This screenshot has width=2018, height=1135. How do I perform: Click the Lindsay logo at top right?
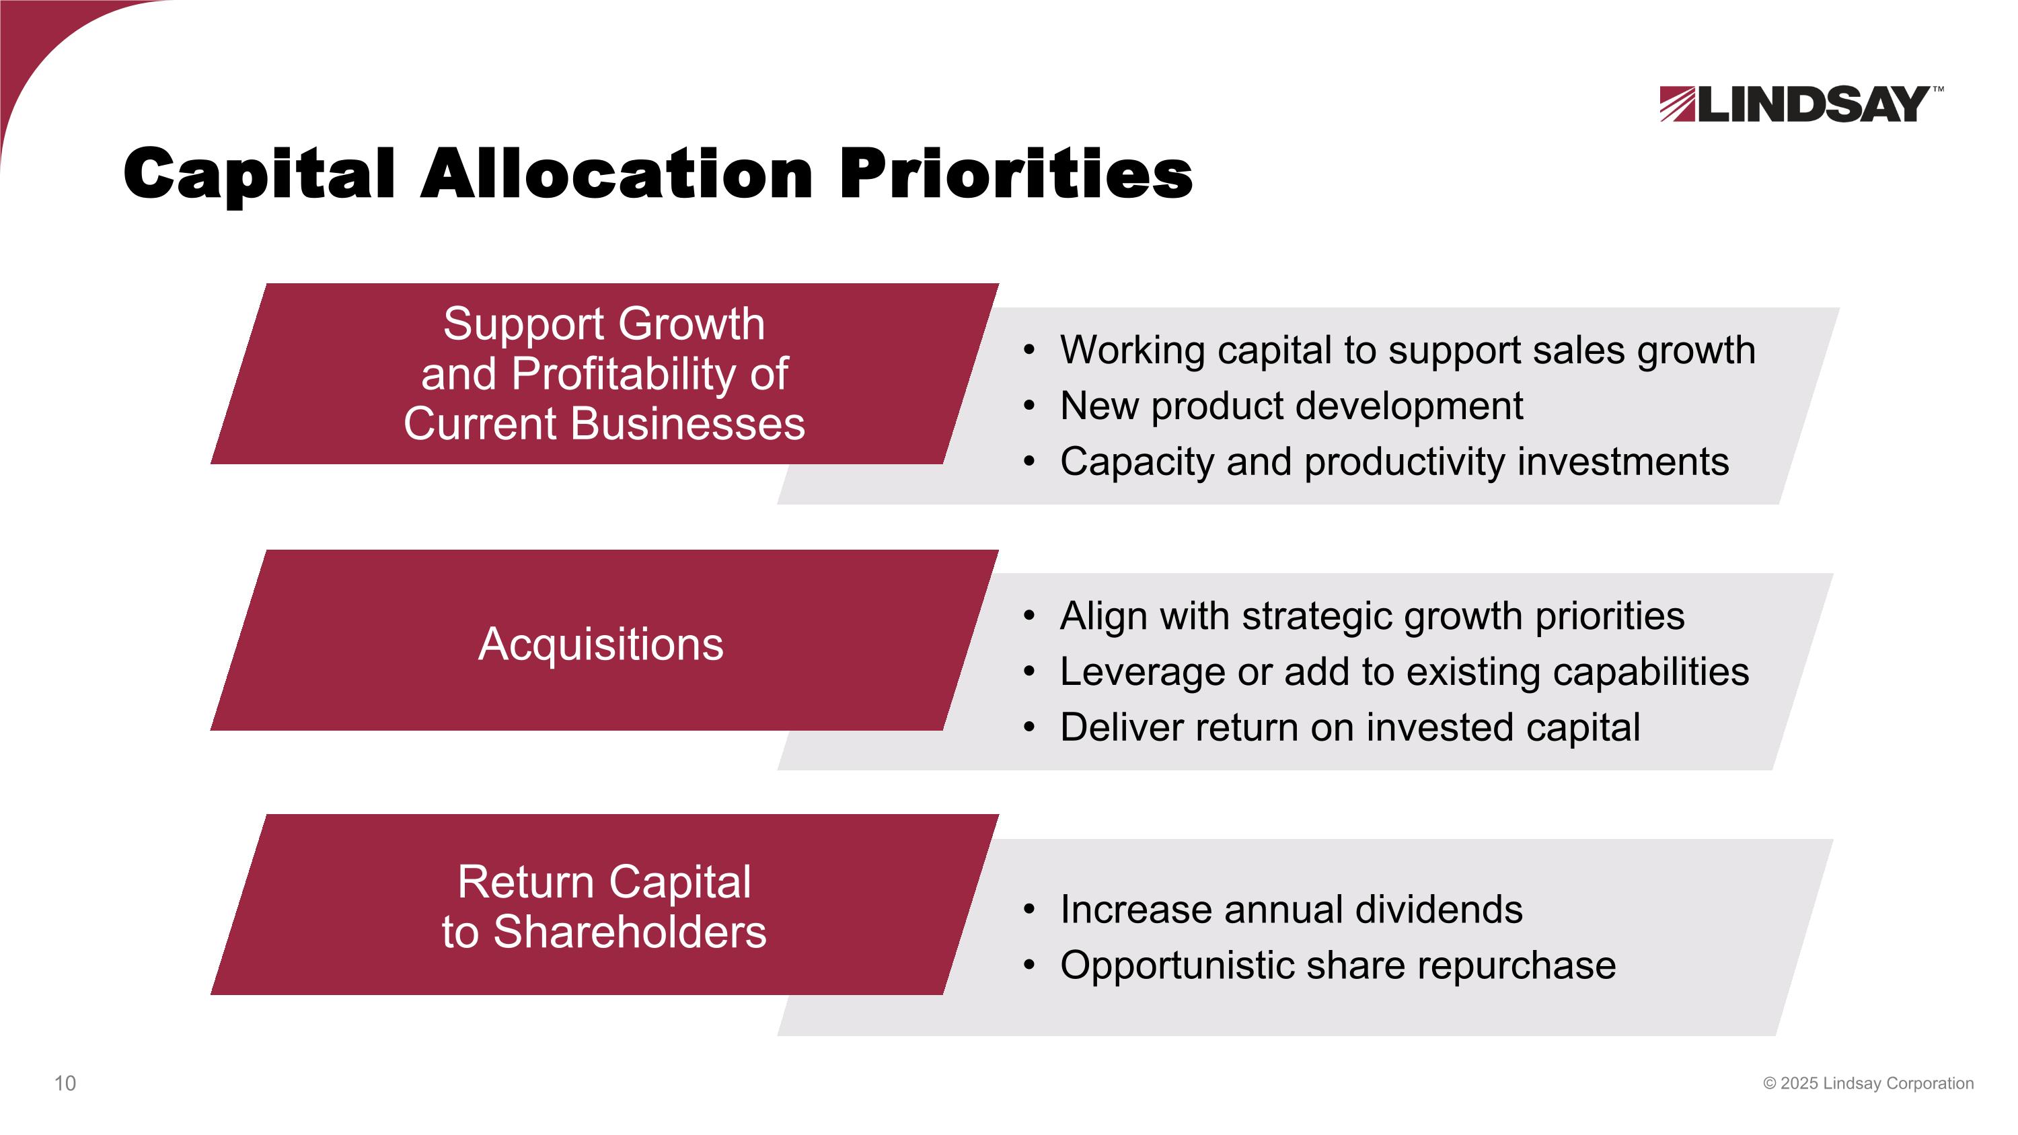point(1794,104)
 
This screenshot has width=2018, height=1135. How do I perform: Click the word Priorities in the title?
point(1015,174)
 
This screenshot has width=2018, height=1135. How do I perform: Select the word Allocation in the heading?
point(617,174)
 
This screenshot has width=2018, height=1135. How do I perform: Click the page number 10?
point(65,1083)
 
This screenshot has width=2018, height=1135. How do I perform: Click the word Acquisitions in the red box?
point(601,645)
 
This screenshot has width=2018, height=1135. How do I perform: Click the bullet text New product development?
point(1291,406)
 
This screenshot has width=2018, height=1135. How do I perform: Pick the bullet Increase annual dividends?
point(1291,910)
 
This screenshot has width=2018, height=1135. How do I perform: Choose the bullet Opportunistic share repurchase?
point(1337,965)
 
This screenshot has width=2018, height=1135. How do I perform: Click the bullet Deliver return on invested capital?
point(1350,727)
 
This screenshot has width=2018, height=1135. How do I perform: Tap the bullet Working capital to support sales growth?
point(1407,349)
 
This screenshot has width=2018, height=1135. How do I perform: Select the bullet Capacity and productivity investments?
point(1394,462)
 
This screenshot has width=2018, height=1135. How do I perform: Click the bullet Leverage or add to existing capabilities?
point(1404,671)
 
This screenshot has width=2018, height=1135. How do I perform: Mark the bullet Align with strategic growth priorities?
point(1372,616)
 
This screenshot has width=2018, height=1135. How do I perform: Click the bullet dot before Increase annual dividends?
point(1029,910)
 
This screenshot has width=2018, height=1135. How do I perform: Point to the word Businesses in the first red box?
point(687,424)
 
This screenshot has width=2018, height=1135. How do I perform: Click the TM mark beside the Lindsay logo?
point(1937,89)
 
